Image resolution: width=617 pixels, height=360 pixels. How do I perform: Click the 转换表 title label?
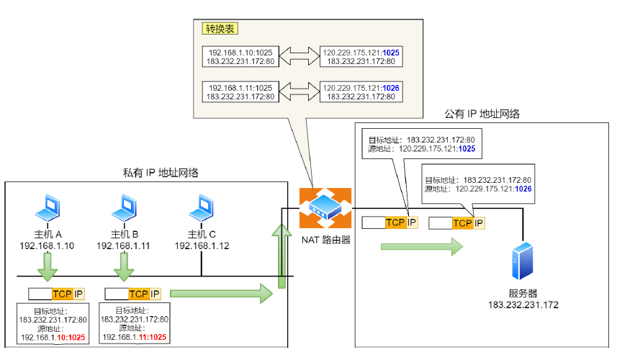tap(220, 29)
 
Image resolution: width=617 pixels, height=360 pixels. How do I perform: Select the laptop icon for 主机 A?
tap(48, 207)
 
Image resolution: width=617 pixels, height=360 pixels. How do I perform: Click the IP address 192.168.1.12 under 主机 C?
tap(202, 246)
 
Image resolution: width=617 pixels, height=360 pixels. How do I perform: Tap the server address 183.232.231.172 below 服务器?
tap(523, 305)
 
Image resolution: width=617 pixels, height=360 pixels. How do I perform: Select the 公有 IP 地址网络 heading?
tap(482, 114)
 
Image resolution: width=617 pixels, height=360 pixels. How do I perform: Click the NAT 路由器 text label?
tap(326, 239)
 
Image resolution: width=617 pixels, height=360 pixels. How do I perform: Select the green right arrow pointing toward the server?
tap(421, 247)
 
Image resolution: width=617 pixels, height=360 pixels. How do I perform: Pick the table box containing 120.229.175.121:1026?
tap(361, 91)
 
